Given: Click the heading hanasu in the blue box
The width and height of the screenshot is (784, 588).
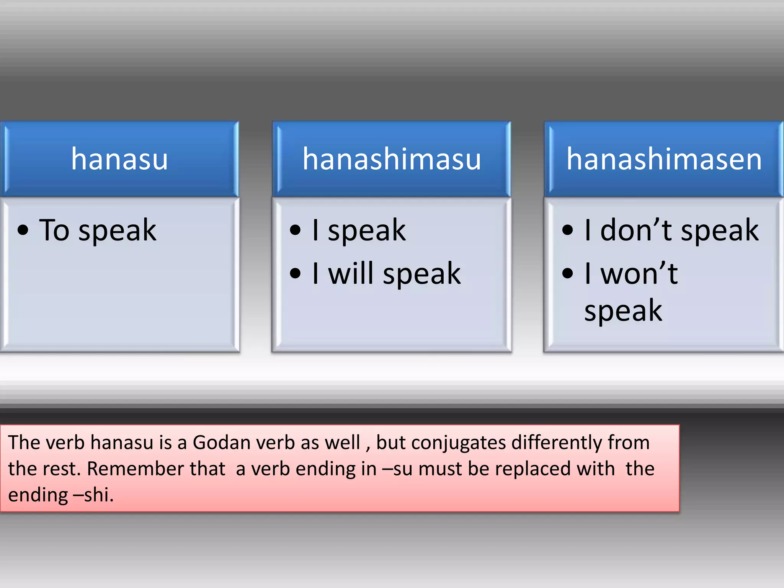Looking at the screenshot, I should tap(119, 159).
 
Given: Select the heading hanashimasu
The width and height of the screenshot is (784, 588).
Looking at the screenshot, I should tap(392, 159).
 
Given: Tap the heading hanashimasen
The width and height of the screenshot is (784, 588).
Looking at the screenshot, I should tap(664, 159).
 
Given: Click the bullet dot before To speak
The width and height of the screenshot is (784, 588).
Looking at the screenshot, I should tap(23, 230).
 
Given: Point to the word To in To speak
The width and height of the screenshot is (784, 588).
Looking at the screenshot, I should tap(54, 230).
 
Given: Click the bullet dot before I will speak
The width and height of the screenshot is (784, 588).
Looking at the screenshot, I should tap(295, 273).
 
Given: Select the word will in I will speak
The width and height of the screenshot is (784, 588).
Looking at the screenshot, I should tap(351, 273).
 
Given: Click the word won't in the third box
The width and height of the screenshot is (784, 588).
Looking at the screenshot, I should tap(639, 273).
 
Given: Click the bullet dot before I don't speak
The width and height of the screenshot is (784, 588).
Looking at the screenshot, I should tap(567, 230).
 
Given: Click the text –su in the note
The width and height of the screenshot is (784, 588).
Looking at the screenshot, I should tap(397, 469).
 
